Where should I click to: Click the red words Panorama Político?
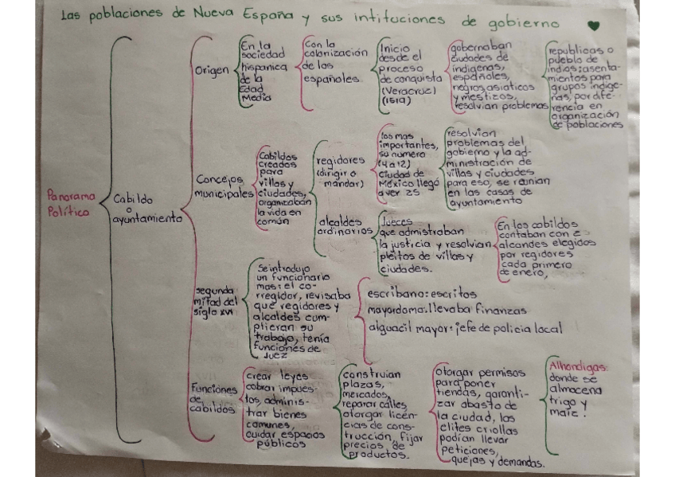70,202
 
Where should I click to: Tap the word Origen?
211,71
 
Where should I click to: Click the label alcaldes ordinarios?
344,225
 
